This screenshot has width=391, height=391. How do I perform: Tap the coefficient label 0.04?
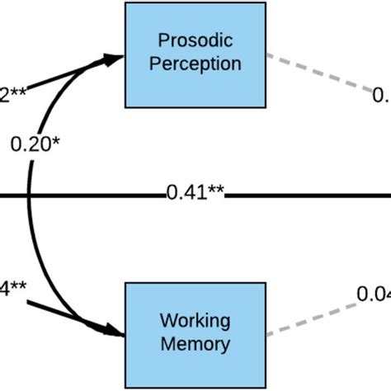pos(373,293)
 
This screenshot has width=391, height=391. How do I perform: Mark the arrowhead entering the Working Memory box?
pos(115,332)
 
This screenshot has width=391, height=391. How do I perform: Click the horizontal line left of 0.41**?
pos(82,195)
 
